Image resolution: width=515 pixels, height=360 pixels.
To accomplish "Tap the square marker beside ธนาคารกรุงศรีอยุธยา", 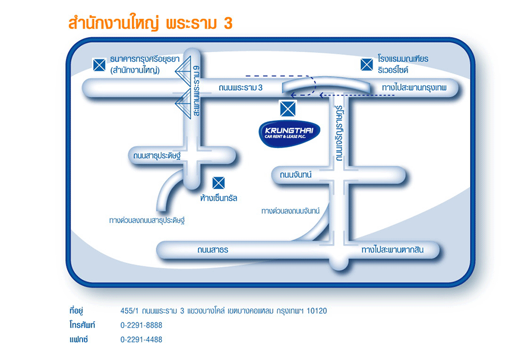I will pos(99,65).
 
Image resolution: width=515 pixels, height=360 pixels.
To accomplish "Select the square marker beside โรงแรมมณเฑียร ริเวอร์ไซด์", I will pos(366,65).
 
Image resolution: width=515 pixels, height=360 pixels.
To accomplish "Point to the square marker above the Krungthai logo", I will pos(288,108).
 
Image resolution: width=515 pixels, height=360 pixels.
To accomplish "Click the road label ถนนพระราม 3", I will pos(241,88).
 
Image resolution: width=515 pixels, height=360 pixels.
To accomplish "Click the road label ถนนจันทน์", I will pos(296,175).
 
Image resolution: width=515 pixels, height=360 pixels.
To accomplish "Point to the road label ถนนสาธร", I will pos(212,250).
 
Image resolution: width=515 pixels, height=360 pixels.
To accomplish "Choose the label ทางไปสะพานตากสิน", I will pos(392,250).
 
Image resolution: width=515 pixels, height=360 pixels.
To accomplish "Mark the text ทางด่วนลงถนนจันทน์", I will pos(291,211).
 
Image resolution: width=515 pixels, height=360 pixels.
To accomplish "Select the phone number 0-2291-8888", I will pos(141,325).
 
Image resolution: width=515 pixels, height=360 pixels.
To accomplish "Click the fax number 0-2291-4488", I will pos(141,340).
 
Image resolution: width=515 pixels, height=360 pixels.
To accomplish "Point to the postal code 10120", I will pos(317,311).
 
